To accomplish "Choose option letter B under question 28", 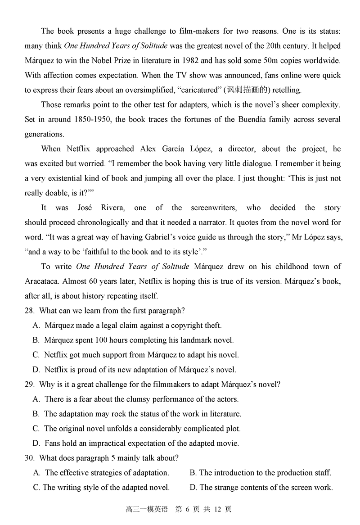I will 36,340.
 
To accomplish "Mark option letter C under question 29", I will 36,428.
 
